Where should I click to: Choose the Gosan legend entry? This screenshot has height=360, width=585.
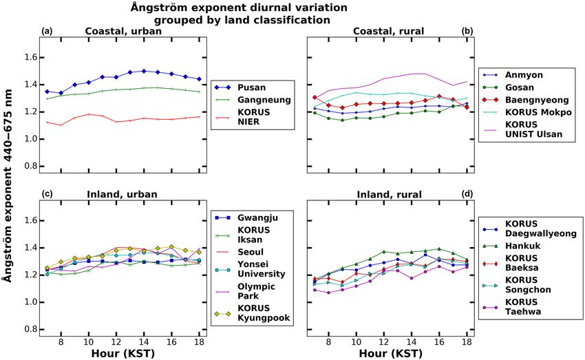(520, 87)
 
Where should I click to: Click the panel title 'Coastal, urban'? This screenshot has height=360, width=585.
(123, 30)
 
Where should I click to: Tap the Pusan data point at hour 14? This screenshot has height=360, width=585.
(143, 71)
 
